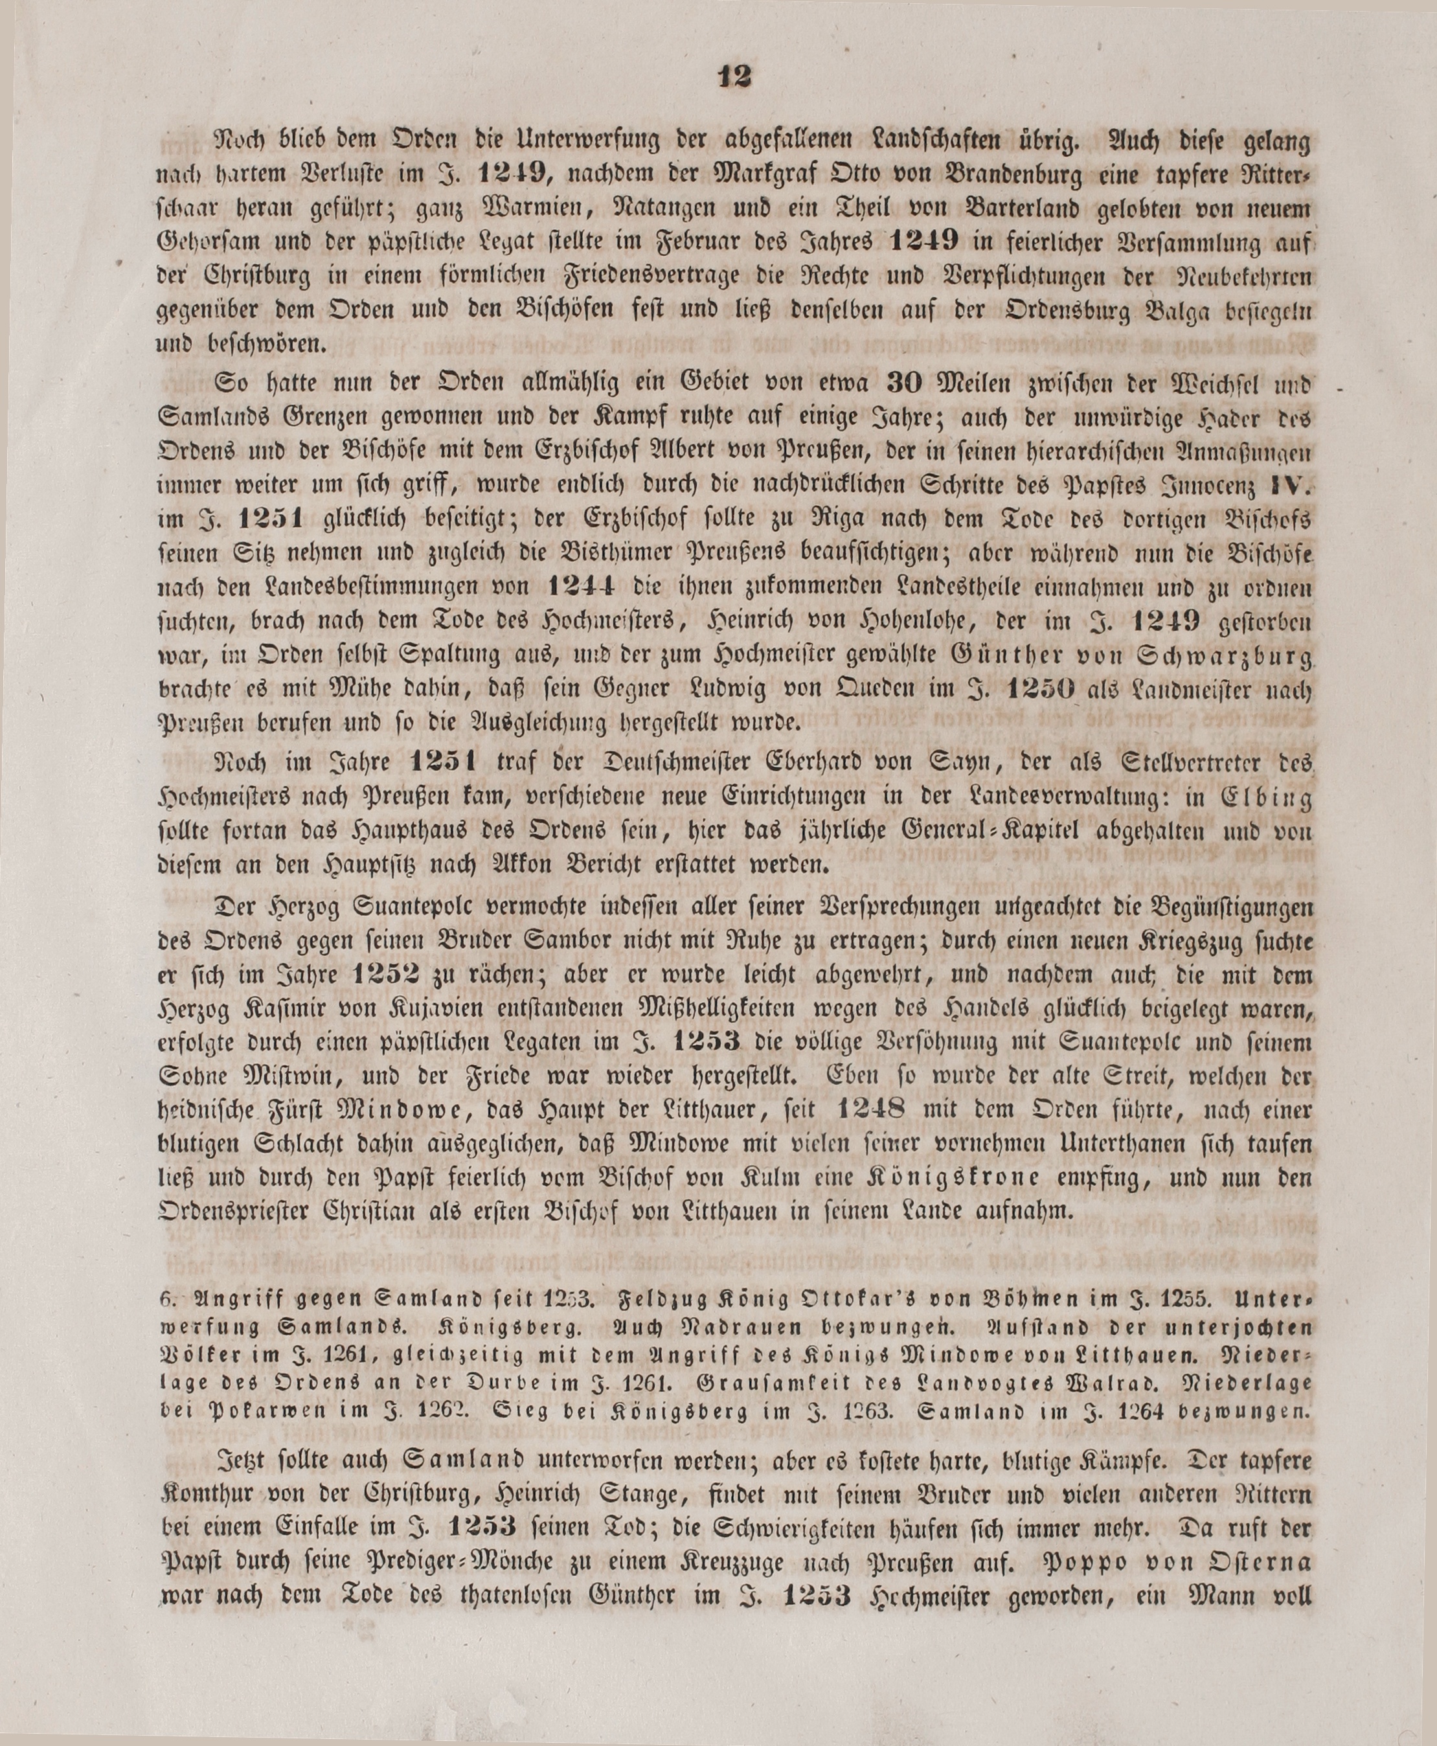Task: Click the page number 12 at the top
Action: [x=734, y=76]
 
